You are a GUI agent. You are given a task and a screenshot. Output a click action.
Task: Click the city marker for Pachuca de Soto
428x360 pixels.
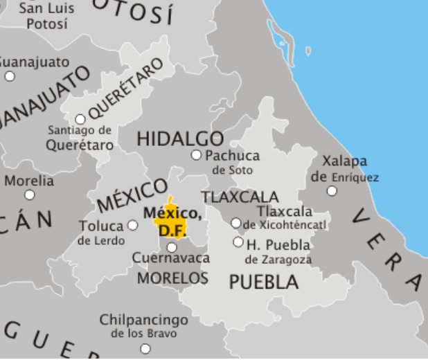pyautogui.click(x=196, y=155)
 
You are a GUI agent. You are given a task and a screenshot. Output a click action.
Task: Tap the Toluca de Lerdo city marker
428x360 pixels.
pyautogui.click(x=133, y=225)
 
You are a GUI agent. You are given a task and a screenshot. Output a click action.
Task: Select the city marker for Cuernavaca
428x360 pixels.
pyautogui.click(x=172, y=247)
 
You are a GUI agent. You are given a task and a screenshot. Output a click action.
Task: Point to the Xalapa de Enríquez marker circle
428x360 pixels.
pyautogui.click(x=332, y=190)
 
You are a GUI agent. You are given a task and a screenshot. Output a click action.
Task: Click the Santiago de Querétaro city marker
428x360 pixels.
pyautogui.click(x=80, y=119)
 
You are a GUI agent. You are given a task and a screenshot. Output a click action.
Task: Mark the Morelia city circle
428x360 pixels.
pyautogui.click(x=30, y=195)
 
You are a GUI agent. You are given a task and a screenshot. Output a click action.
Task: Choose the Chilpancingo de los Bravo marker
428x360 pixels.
pyautogui.click(x=145, y=348)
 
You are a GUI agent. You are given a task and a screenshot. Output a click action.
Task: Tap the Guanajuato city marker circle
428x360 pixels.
pyautogui.click(x=10, y=76)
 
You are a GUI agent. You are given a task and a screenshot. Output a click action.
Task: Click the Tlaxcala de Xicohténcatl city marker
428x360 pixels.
pyautogui.click(x=236, y=223)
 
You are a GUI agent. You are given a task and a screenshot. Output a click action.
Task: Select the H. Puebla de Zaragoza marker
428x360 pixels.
pyautogui.click(x=238, y=242)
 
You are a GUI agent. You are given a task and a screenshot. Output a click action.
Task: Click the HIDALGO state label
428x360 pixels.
pyautogui.click(x=180, y=138)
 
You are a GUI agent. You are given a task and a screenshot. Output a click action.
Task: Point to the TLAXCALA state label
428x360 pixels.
pyautogui.click(x=240, y=197)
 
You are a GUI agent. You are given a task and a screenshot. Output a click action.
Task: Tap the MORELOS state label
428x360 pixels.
pyautogui.click(x=172, y=278)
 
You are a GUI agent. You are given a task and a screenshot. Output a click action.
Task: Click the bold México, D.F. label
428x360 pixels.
pyautogui.click(x=172, y=220)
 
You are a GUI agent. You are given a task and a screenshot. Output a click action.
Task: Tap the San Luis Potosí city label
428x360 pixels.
pyautogui.click(x=46, y=16)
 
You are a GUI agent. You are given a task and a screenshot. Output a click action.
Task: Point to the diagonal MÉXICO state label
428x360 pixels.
pyautogui.click(x=132, y=195)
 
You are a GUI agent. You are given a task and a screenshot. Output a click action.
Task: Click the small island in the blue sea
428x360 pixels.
pyautogui.click(x=307, y=51)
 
